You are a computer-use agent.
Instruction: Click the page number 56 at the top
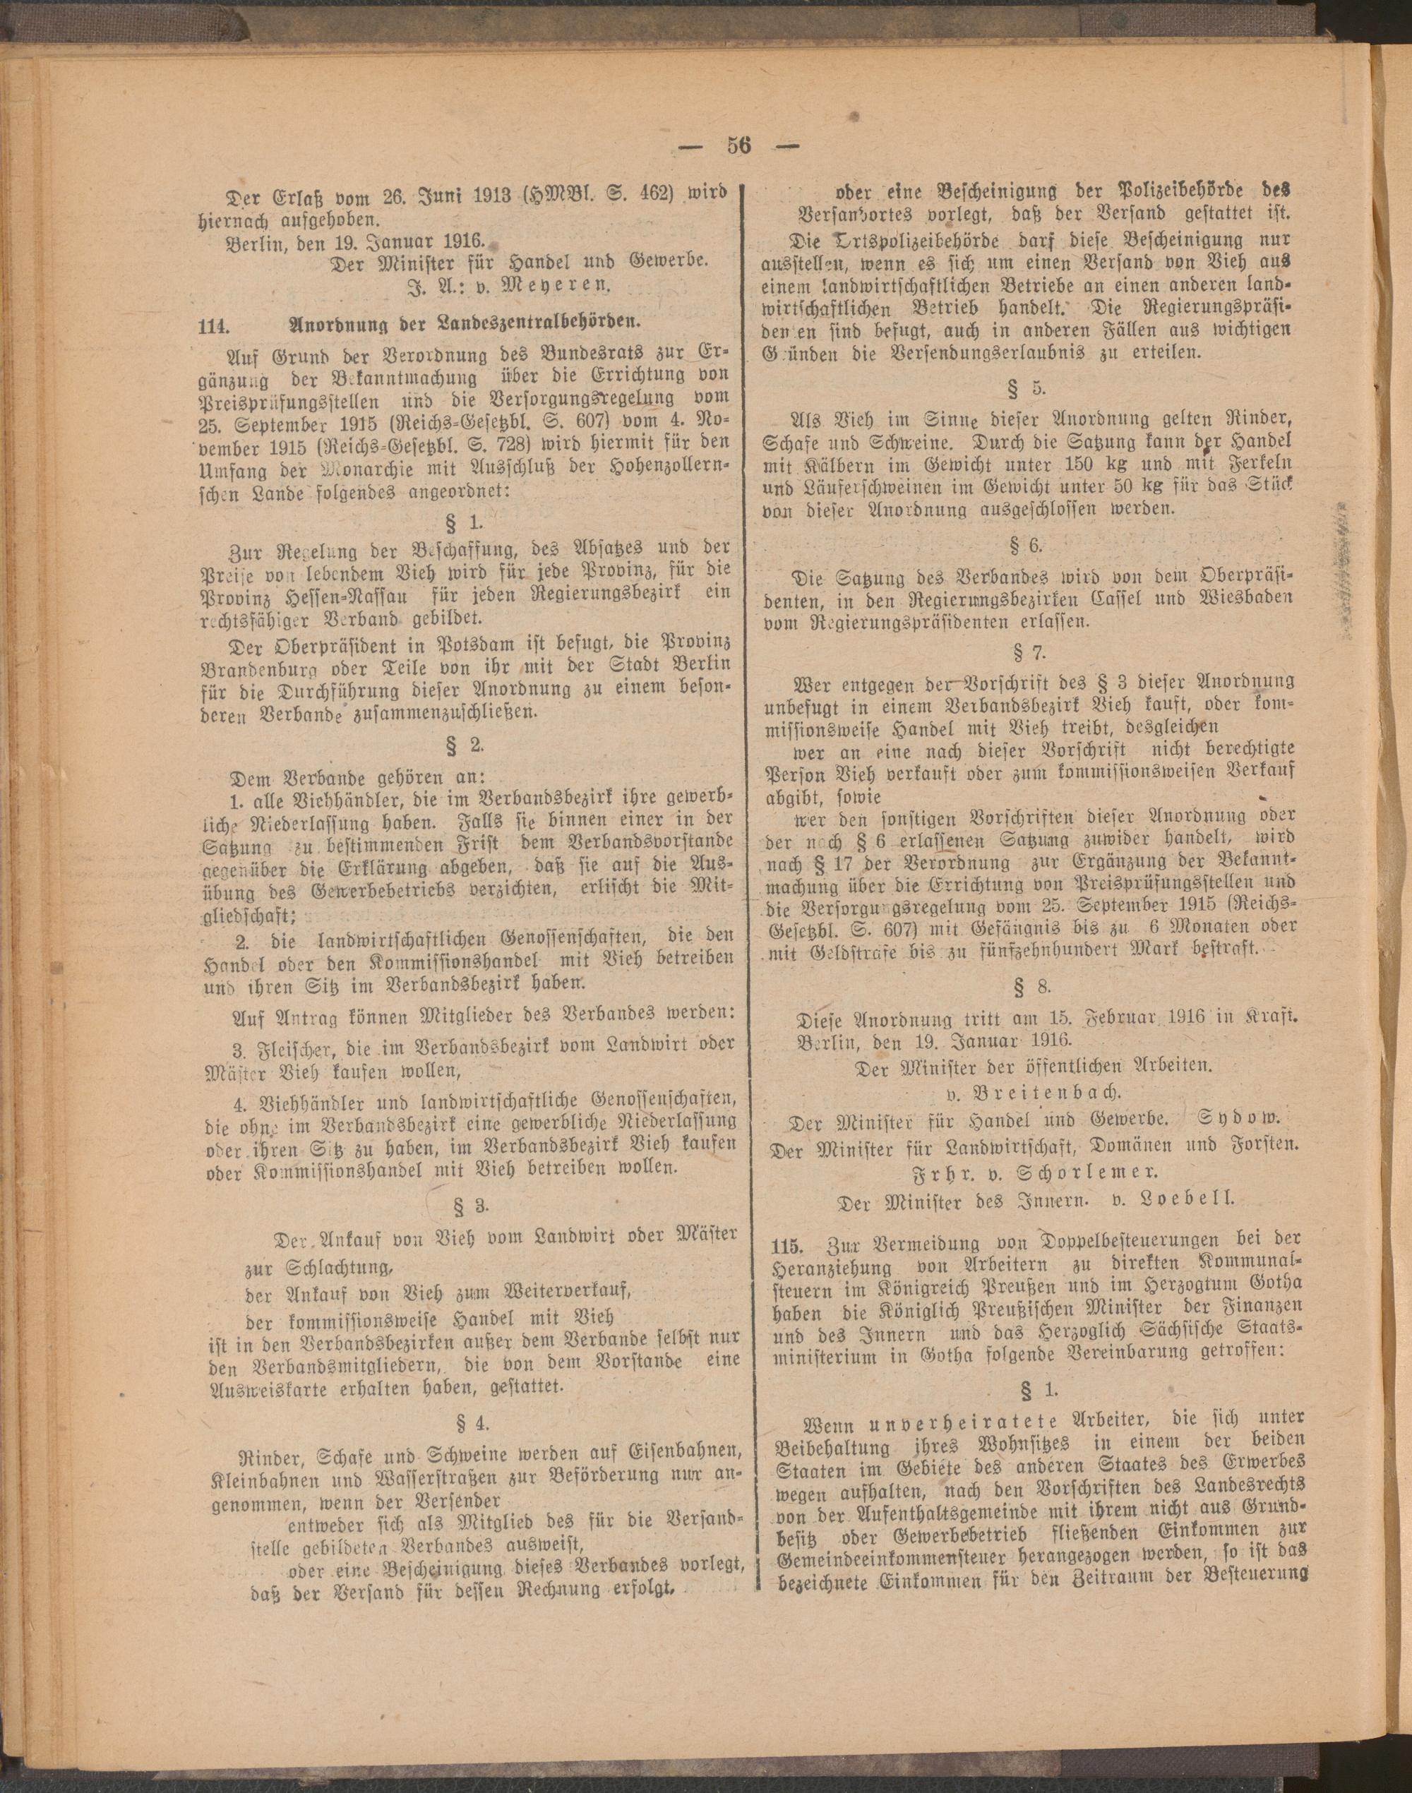(x=738, y=145)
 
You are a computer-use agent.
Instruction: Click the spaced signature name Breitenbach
(x=1031, y=1091)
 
